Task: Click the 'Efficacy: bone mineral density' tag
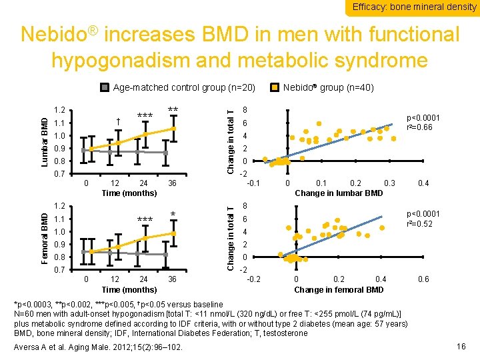tap(415, 7)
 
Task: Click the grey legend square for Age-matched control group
tap(105, 87)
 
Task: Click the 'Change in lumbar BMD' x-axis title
tap(339, 193)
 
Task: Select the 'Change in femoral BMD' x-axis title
tap(339, 289)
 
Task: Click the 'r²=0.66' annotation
tap(423, 127)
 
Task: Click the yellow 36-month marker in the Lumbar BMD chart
tap(173, 128)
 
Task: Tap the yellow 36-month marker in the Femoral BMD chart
tap(173, 233)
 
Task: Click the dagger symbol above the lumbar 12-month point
tap(117, 122)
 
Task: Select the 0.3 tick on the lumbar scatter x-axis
tap(390, 183)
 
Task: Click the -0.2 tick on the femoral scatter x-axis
tap(254, 279)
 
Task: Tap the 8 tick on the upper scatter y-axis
tap(245, 111)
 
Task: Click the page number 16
tap(461, 346)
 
